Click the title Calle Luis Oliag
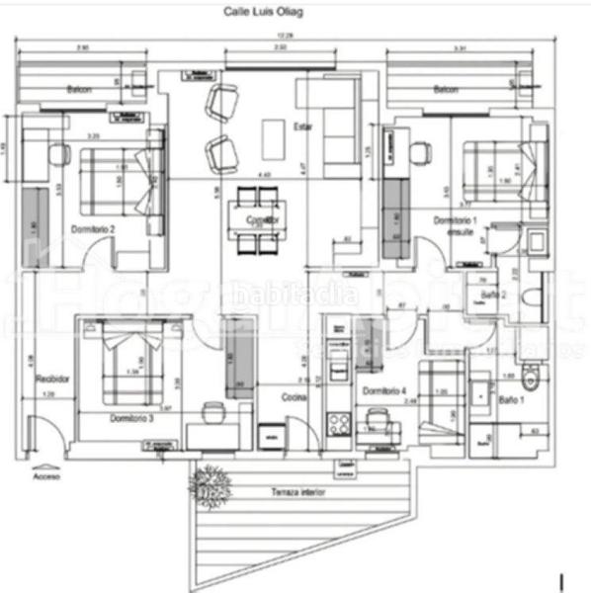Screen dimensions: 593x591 264,13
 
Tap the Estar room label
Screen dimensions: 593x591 301,126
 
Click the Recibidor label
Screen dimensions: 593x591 50,379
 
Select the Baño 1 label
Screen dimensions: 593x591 510,399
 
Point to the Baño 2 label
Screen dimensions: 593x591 494,295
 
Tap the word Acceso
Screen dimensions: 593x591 46,475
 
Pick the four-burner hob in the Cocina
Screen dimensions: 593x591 340,425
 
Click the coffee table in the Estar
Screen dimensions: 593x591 272,139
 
